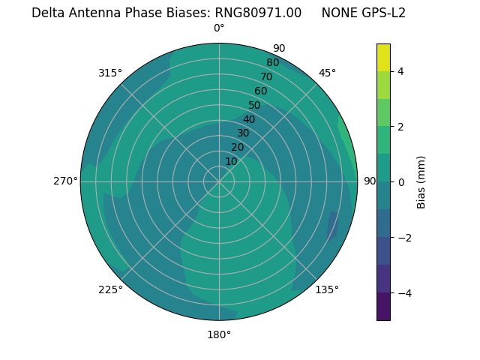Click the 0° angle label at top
[x=219, y=28]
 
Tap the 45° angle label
[x=327, y=73]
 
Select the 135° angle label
[x=327, y=289]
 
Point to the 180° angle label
[x=219, y=334]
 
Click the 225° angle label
[x=110, y=289]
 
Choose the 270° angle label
[x=65, y=181]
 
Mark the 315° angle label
[x=110, y=73]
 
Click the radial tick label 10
[x=231, y=161]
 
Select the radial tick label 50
[x=254, y=105]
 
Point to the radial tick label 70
[x=266, y=76]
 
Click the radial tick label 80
[x=272, y=62]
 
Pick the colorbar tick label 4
[x=400, y=71]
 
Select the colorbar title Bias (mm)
[x=421, y=182]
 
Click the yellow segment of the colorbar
[x=383, y=58]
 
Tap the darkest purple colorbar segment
[x=383, y=307]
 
